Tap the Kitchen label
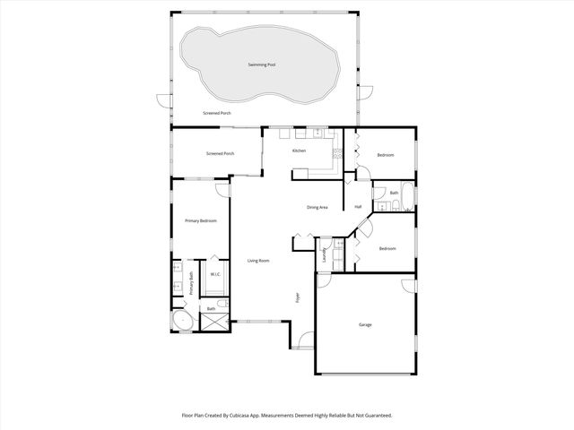299,150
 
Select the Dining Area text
317,207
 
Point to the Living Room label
258,261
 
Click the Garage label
365,324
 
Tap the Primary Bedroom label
200,220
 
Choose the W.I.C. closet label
216,274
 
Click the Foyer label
298,297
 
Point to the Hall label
357,207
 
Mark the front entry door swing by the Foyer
305,341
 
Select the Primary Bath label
191,282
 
